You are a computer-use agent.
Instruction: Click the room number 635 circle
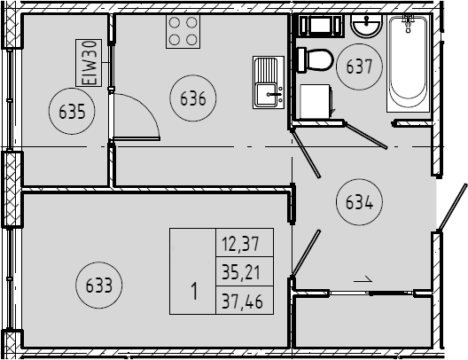[x=72, y=89]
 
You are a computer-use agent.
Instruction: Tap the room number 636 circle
[x=193, y=74]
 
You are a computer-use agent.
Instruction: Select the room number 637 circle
[x=359, y=43]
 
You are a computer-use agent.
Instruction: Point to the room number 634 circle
[x=359, y=179]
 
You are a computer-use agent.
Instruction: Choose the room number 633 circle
[x=99, y=262]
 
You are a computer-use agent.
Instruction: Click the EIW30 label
[x=89, y=63]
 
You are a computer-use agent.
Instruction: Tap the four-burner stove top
[x=183, y=31]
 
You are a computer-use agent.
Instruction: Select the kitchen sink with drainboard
[x=269, y=82]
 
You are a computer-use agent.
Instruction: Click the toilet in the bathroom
[x=315, y=60]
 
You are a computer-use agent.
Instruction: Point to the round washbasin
[x=366, y=26]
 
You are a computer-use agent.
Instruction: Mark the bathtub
[x=408, y=63]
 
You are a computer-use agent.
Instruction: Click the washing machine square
[x=316, y=102]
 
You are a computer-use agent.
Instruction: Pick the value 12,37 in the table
[x=240, y=243]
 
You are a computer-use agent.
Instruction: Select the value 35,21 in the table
[x=241, y=272]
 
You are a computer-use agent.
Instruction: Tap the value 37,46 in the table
[x=242, y=301]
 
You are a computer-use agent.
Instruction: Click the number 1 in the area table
[x=194, y=291]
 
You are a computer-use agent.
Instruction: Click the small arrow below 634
[x=363, y=281]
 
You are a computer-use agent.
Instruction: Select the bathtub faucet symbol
[x=409, y=23]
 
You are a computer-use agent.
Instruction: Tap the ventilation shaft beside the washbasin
[x=320, y=25]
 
